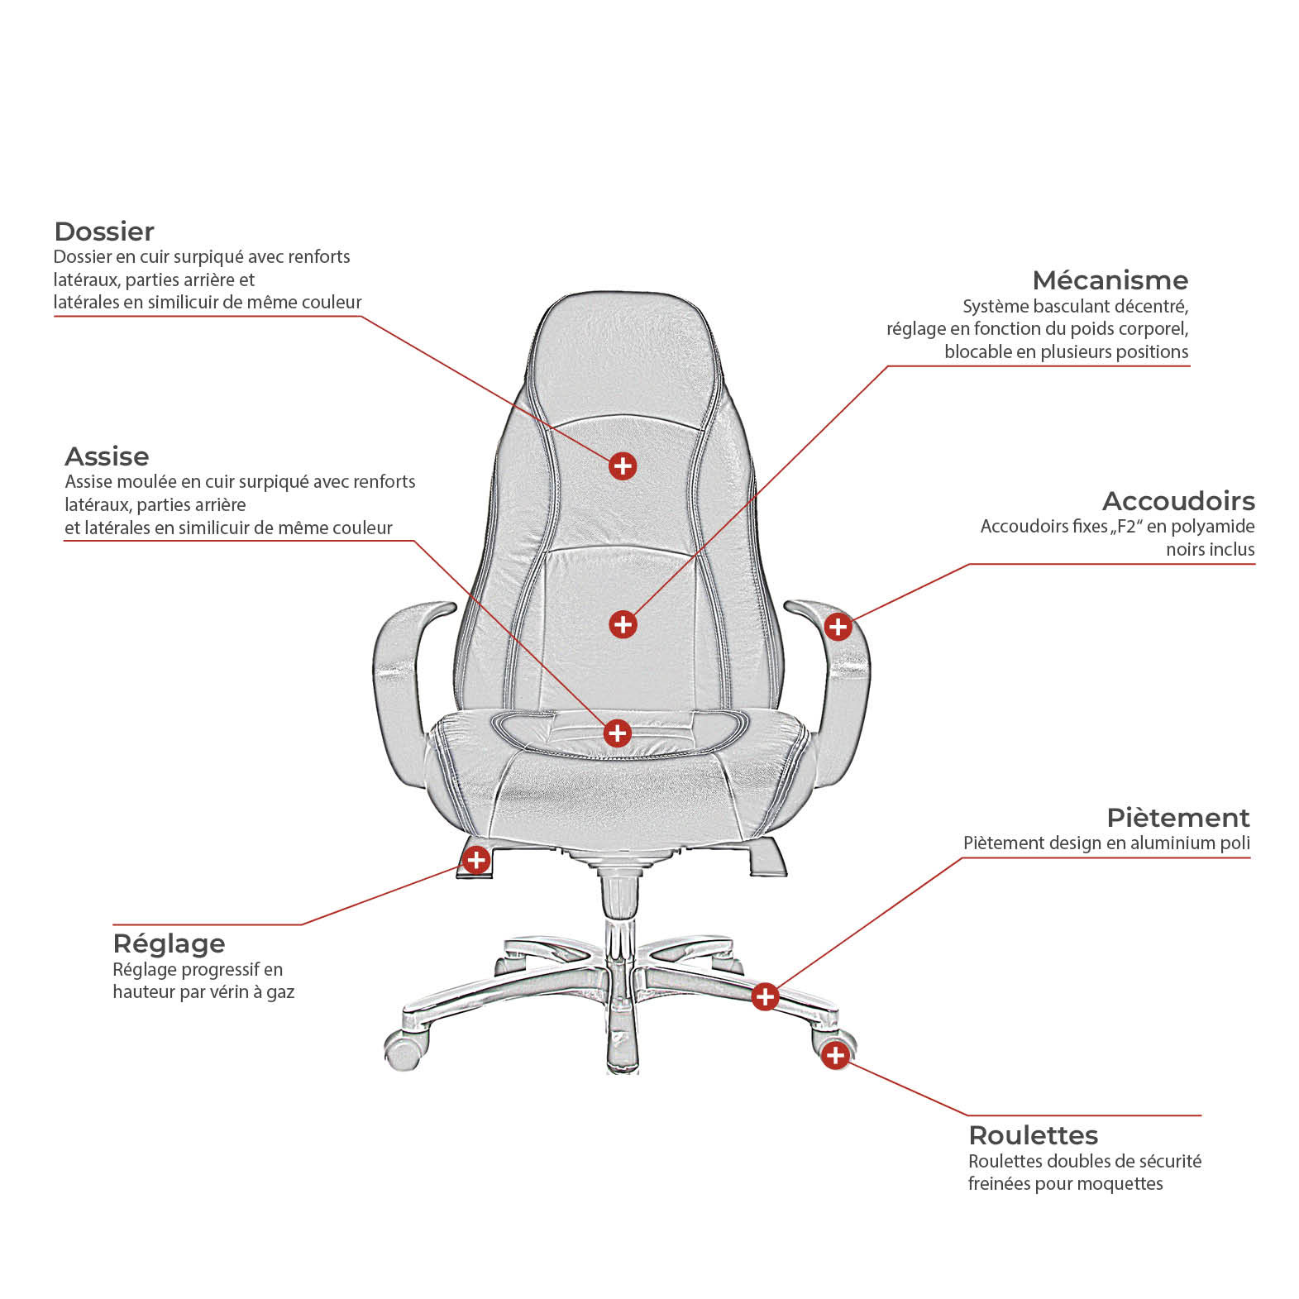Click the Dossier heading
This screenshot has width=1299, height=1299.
click(x=104, y=232)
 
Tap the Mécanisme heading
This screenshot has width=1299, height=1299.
click(x=1110, y=280)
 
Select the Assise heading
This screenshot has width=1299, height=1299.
click(x=107, y=456)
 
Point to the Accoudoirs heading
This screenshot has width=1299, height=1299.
click(x=1178, y=501)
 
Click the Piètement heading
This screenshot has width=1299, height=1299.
click(x=1178, y=818)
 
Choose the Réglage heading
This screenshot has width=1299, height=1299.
click(x=169, y=943)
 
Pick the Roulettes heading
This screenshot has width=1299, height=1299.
click(x=1034, y=1135)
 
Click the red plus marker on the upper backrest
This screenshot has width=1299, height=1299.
click(x=623, y=466)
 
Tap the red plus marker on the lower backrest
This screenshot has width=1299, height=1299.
click(x=623, y=624)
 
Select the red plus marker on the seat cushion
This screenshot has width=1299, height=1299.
click(x=618, y=733)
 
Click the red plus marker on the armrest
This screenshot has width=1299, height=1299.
click(x=838, y=626)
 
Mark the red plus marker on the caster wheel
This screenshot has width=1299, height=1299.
click(x=835, y=1055)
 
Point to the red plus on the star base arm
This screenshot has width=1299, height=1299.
click(x=766, y=996)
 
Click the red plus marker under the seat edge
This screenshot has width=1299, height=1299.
click(x=475, y=860)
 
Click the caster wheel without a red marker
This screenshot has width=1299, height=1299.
click(x=404, y=1050)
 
